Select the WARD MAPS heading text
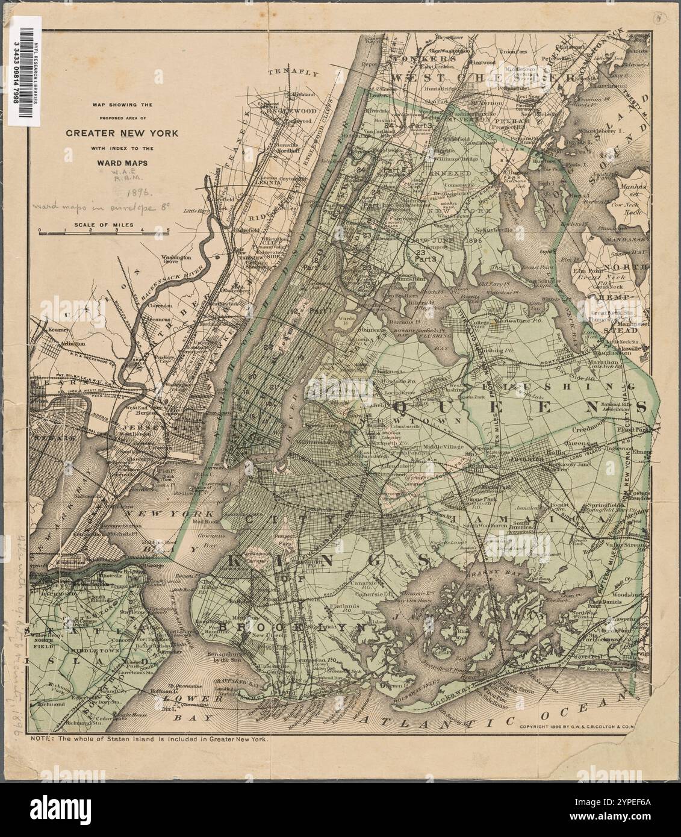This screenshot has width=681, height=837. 122,161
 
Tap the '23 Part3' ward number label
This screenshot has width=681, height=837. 425,255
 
